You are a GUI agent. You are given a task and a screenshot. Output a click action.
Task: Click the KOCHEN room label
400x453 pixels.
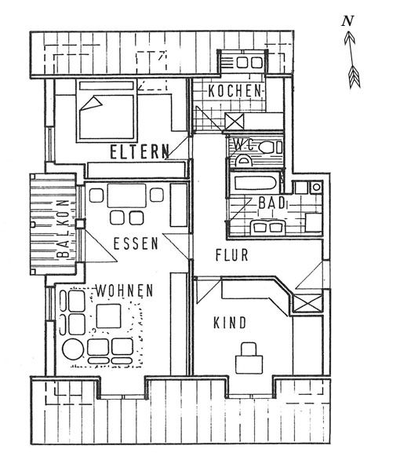point(235,91)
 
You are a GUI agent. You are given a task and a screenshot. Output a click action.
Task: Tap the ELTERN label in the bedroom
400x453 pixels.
point(140,152)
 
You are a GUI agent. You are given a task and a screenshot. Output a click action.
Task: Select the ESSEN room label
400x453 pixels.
point(136,243)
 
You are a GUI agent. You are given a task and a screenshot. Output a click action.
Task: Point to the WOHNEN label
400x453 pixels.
point(125,290)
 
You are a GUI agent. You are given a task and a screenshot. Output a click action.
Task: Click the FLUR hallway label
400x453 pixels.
point(232,255)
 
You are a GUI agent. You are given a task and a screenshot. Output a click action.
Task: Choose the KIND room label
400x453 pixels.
point(230,323)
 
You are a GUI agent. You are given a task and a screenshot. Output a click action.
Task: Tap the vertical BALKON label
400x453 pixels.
point(64,228)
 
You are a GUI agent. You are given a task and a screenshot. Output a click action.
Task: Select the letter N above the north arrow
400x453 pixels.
point(347,21)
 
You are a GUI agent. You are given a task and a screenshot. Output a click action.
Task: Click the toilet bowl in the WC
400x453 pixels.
point(267,148)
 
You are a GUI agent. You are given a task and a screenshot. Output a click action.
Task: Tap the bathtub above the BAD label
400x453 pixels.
point(256,183)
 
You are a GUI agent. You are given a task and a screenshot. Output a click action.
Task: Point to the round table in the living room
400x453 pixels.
point(73,349)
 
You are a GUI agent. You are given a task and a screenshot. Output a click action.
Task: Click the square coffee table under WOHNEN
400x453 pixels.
point(108,316)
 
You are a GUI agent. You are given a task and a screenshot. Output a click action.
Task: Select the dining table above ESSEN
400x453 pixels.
point(127,195)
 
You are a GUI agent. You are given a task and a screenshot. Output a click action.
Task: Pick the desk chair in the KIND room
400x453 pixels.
point(249,349)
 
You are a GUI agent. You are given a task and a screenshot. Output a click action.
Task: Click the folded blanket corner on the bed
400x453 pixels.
point(92,104)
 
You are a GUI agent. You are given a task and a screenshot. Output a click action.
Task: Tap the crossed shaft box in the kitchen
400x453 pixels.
point(234,122)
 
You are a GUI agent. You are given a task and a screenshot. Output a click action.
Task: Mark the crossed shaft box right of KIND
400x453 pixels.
point(307,303)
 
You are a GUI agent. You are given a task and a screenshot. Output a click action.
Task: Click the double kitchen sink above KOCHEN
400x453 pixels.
point(249,63)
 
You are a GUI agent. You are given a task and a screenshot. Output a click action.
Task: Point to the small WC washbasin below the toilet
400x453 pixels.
point(244,161)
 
